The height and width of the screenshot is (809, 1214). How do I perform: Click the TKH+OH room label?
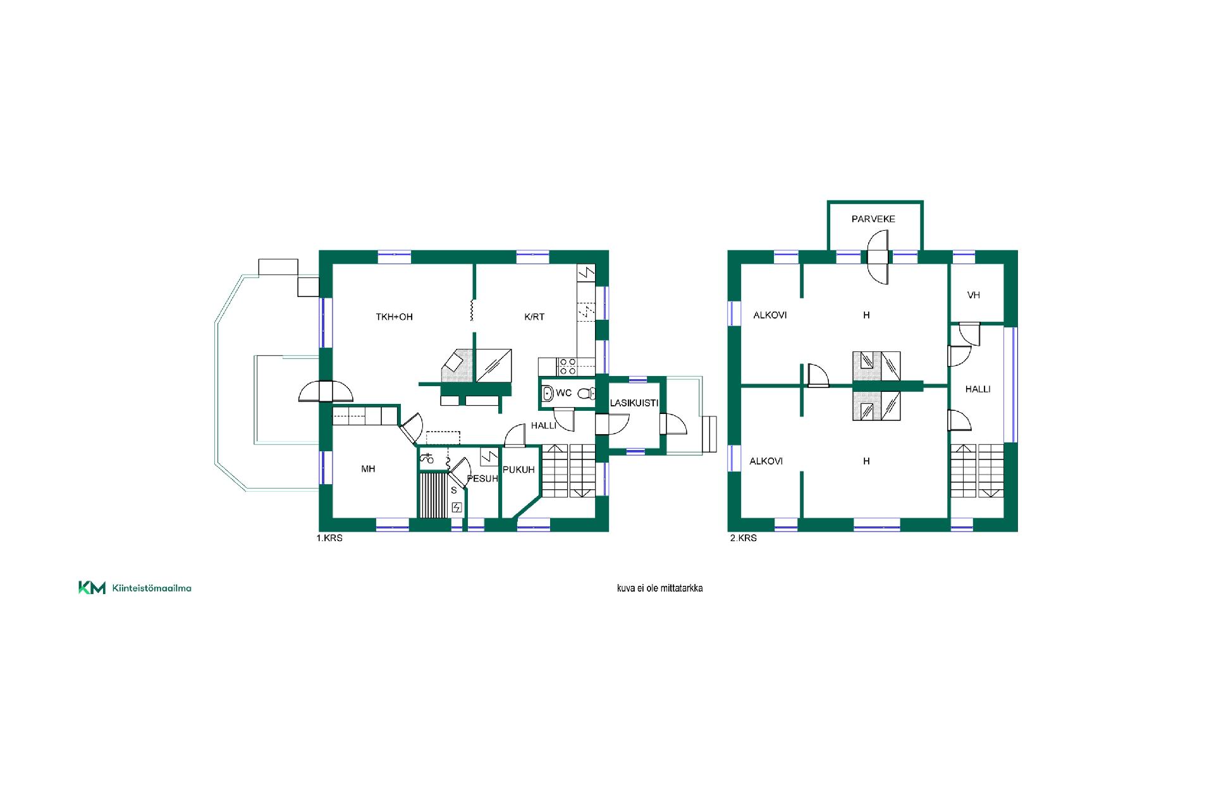pos(394,317)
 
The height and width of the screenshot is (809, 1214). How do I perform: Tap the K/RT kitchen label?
pos(534,317)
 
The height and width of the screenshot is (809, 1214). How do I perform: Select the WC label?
pos(564,393)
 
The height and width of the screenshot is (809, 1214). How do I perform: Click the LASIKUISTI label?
pos(634,403)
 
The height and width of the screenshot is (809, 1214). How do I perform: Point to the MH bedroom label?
pos(368,469)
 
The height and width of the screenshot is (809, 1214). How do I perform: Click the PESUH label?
pos(482,478)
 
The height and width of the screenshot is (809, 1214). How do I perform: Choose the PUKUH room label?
pos(518,470)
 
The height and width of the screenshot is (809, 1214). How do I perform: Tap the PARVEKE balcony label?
pos(873,219)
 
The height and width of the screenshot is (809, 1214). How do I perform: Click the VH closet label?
pos(974,295)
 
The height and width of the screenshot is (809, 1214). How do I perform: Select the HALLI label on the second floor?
pos(978,389)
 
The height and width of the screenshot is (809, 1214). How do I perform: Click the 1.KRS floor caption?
pos(329,538)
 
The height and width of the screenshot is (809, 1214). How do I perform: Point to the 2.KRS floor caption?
pos(743,538)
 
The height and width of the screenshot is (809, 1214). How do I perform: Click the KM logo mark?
pos(92,588)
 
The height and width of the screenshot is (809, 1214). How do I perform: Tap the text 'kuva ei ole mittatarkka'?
pos(660,588)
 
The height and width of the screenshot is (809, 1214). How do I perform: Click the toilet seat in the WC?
pos(585,393)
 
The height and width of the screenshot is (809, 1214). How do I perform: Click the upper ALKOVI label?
pos(770,315)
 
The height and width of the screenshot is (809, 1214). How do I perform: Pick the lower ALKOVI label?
pos(766,461)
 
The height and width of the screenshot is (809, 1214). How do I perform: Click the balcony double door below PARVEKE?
pos(878,257)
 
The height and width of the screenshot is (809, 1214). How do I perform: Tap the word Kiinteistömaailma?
pos(152,588)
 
